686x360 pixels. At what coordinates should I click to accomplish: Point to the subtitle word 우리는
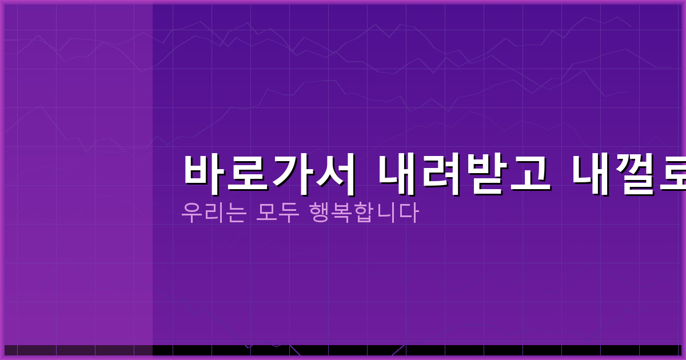(214, 213)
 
